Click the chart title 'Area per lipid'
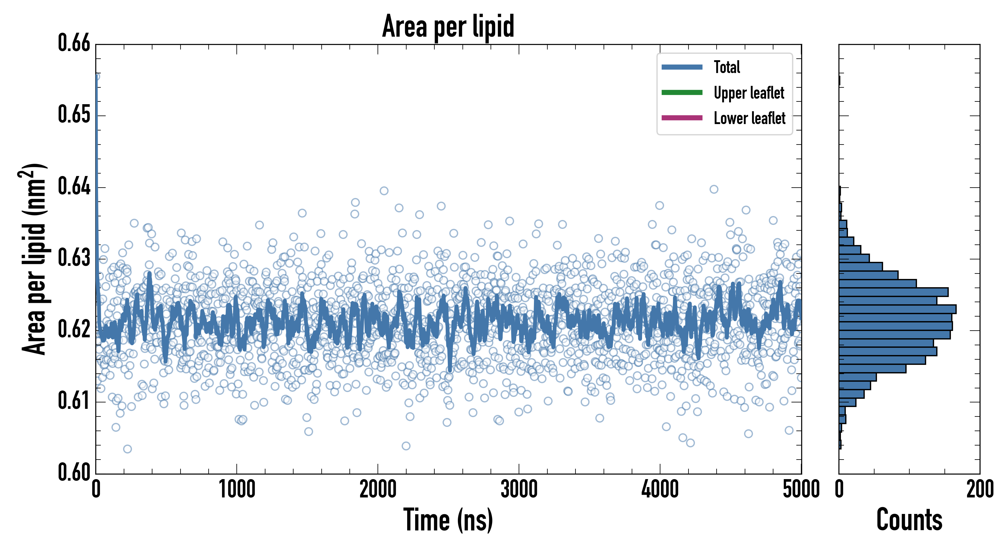click(x=448, y=26)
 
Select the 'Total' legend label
click(x=727, y=67)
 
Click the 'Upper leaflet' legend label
click(x=749, y=93)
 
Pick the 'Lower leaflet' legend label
click(x=749, y=118)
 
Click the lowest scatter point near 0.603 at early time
click(x=127, y=449)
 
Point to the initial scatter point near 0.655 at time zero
click(x=97, y=77)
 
